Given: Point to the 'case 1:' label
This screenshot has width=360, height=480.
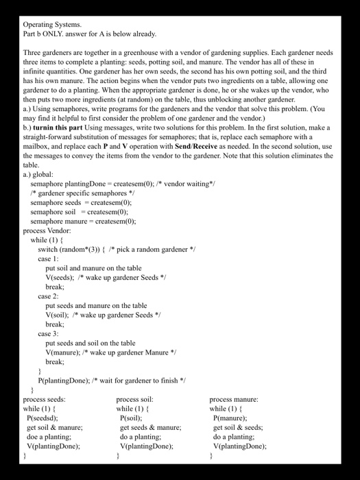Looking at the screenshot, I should point(48,259).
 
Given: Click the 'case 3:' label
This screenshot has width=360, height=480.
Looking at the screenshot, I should point(48,333).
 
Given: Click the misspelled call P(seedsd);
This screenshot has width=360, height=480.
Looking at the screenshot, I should point(42,417).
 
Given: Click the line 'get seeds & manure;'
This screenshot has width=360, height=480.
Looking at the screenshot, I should point(150,427).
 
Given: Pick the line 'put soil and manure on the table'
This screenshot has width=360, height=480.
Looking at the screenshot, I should point(94,268).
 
